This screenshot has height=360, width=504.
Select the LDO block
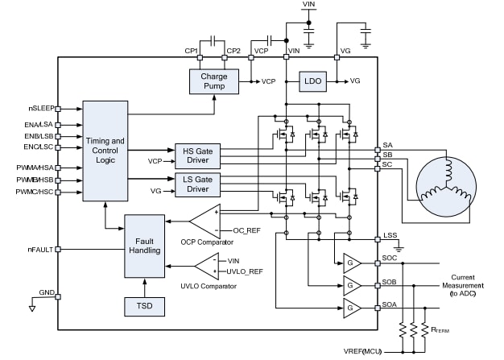tap(312, 81)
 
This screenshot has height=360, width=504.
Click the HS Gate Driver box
tap(197, 155)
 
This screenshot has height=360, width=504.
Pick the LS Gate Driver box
tap(197, 184)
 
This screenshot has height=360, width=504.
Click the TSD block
tap(143, 306)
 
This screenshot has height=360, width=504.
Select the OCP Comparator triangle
tap(205, 221)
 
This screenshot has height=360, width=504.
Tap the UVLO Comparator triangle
tap(207, 267)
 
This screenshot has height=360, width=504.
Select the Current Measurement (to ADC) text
tap(468, 285)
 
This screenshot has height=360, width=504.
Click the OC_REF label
tap(246, 230)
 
